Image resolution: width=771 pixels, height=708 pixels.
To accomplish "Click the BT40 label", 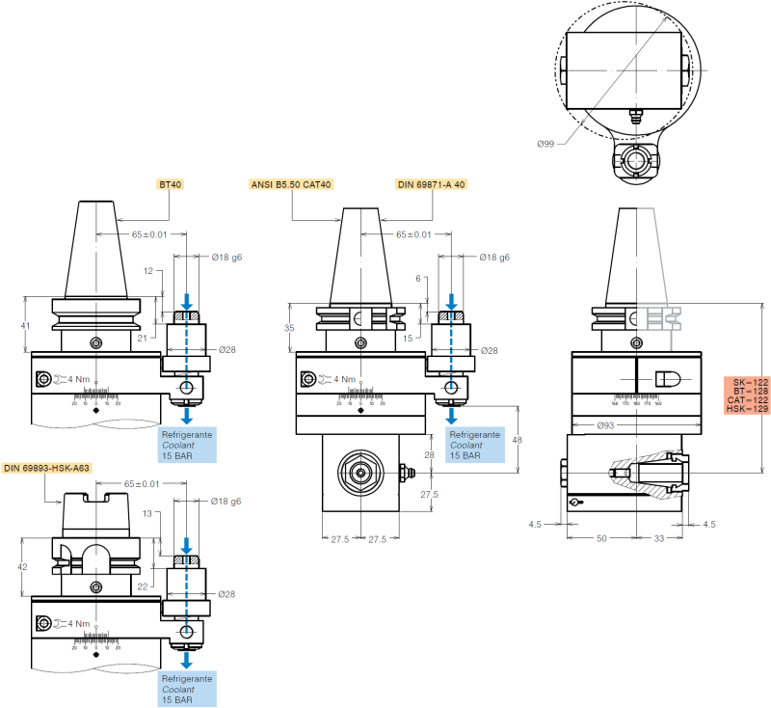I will coord(170,183).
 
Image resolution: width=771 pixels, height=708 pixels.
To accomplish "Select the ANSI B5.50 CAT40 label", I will coord(290,183).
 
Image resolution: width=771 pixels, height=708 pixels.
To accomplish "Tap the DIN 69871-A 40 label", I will coord(431,183).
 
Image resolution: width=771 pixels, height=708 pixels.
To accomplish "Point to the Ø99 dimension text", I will coord(546,143).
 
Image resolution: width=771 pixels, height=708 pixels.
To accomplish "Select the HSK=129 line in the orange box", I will coord(749,410).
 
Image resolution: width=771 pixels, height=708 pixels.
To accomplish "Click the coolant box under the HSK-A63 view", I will coord(187,690).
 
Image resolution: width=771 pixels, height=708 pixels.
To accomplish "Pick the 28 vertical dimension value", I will coord(431,454).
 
